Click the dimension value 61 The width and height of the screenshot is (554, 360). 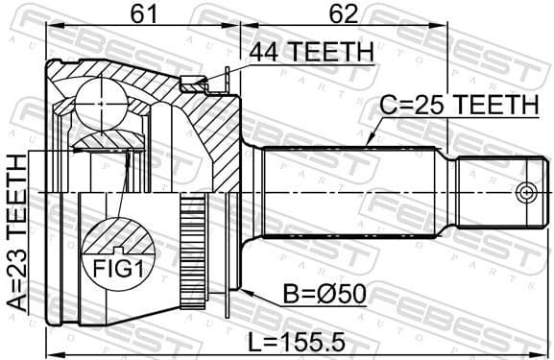[145, 13]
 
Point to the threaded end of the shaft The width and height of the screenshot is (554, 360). [490, 192]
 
